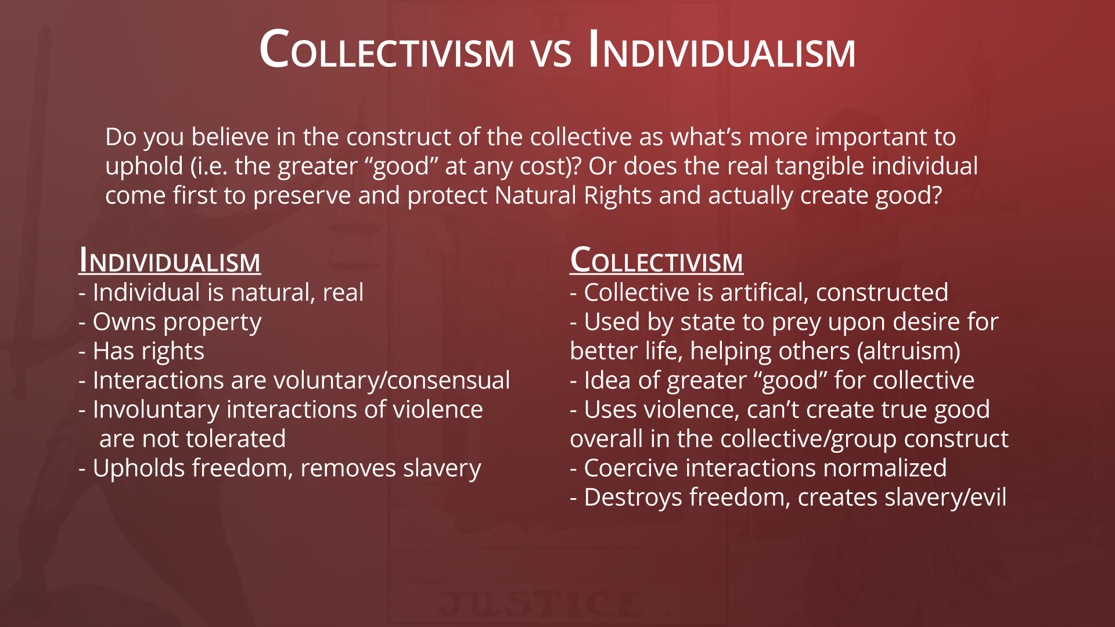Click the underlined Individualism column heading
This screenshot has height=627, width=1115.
click(x=170, y=260)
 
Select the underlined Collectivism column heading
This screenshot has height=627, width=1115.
click(x=656, y=260)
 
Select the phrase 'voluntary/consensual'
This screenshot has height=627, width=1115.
click(x=392, y=380)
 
